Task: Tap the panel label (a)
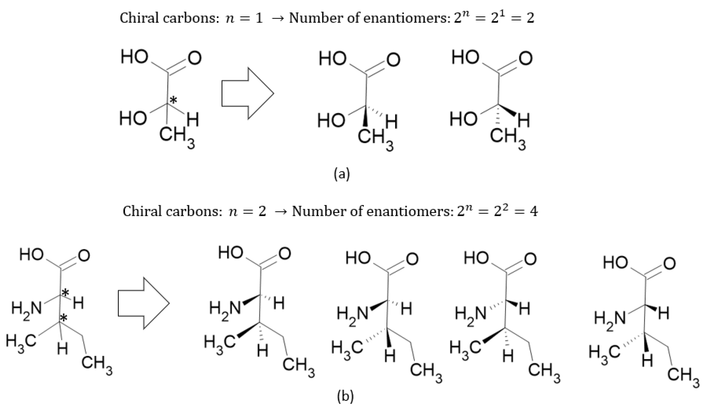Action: (x=341, y=174)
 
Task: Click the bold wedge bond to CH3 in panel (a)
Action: (x=365, y=117)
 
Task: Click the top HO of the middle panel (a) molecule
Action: (x=332, y=59)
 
